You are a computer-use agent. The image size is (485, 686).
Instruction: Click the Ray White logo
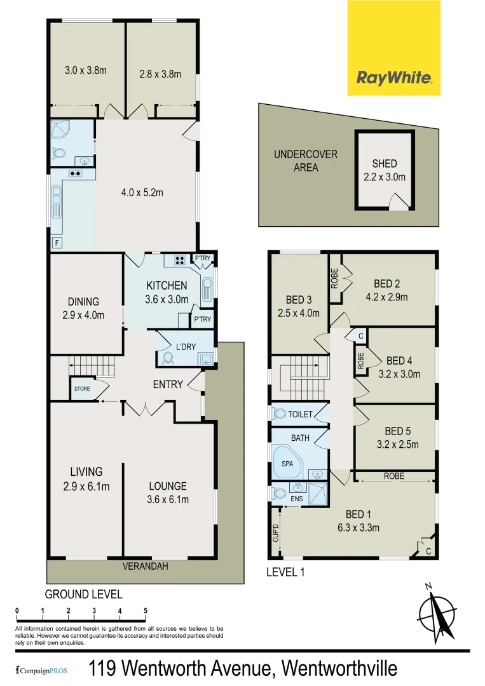[394, 78]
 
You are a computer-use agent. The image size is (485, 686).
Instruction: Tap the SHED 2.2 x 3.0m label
[385, 170]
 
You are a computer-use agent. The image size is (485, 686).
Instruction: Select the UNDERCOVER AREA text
[306, 161]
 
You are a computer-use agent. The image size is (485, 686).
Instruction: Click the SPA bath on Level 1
[287, 464]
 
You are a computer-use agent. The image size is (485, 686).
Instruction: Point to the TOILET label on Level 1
[301, 414]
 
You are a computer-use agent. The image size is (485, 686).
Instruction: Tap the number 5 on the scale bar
[146, 611]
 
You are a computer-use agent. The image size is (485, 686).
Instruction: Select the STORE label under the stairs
[82, 389]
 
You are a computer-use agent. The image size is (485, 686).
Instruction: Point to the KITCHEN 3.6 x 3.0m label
[167, 292]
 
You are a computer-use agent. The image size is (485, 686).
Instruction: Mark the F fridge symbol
[57, 243]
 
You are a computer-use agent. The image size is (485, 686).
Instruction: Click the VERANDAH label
[146, 566]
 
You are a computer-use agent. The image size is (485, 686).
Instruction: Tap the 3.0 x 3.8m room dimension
[86, 71]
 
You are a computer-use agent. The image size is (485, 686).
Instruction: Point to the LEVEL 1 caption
[285, 572]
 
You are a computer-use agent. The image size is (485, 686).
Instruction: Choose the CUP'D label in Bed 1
[275, 534]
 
